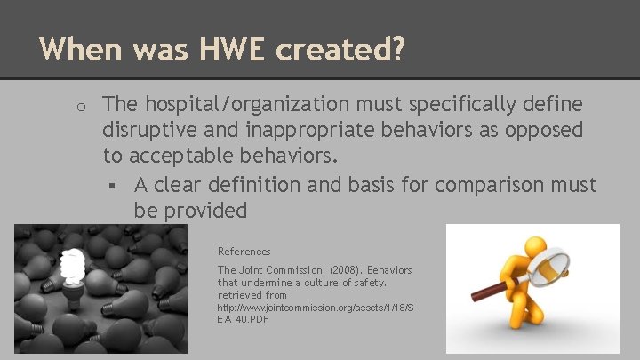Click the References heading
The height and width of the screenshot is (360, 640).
[244, 252]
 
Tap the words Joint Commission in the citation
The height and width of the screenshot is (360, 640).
[270, 270]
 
